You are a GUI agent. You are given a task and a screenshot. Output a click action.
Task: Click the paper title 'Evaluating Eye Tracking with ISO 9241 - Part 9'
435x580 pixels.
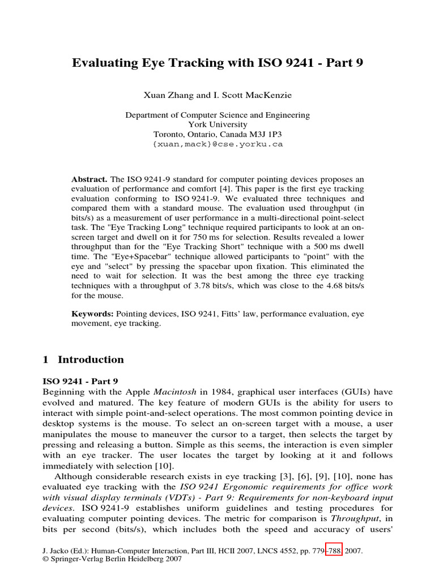click(217, 63)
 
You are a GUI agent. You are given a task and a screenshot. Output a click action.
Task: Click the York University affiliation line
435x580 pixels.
click(217, 125)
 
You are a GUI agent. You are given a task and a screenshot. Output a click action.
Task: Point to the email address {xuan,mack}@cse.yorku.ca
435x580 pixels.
click(217, 144)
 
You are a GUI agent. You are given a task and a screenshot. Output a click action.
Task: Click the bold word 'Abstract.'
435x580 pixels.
click(89, 179)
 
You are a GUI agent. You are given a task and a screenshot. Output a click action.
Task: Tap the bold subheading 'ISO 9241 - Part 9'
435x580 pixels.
click(80, 382)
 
